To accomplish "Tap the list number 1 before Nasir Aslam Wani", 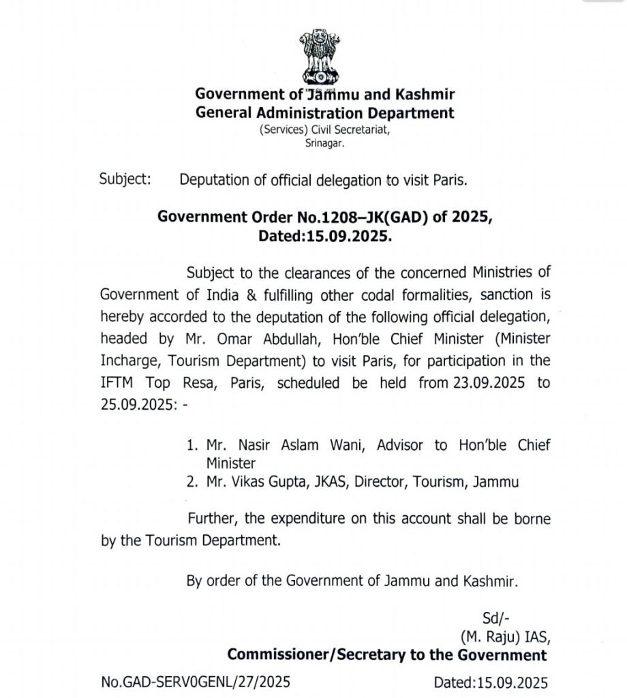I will click(191, 445).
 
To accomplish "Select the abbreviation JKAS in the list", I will click(331, 482).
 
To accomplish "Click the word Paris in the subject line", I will click(450, 180).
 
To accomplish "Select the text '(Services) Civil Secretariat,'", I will click(324, 129).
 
